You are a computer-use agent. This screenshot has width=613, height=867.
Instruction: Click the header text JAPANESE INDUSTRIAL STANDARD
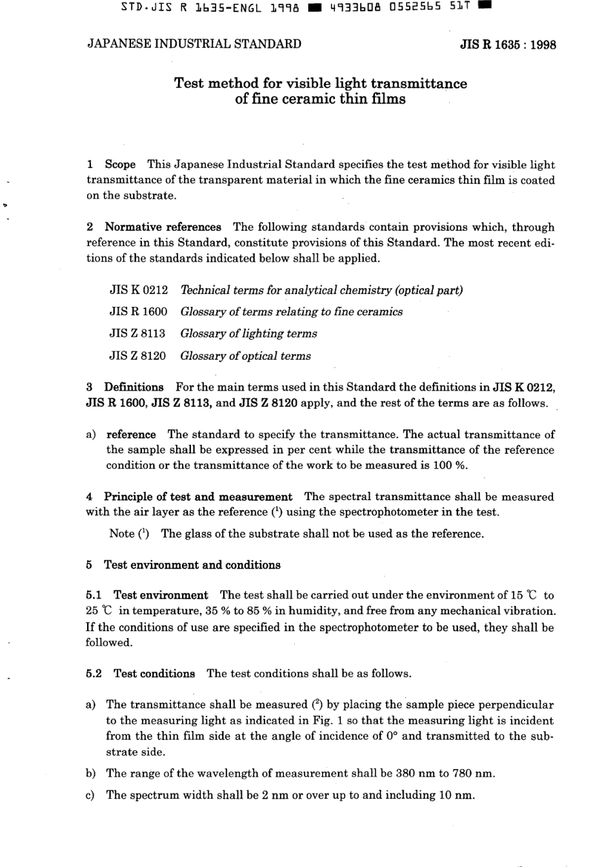pyautogui.click(x=194, y=44)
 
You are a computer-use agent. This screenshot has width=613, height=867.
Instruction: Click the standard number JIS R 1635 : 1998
pyautogui.click(x=508, y=45)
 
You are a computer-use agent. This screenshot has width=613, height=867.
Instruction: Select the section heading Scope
pyautogui.click(x=120, y=165)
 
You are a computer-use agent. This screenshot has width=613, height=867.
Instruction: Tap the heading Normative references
pyautogui.click(x=163, y=228)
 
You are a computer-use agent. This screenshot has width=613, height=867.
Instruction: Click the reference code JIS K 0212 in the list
pyautogui.click(x=139, y=291)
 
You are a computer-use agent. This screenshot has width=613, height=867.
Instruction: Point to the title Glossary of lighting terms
pyautogui.click(x=248, y=334)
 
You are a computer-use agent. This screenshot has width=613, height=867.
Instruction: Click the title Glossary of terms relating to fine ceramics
pyautogui.click(x=291, y=312)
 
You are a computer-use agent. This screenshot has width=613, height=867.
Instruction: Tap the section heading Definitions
pyautogui.click(x=134, y=387)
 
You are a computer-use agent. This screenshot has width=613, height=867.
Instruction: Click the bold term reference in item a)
pyautogui.click(x=131, y=434)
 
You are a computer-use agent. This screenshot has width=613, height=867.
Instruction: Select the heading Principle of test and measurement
pyautogui.click(x=198, y=497)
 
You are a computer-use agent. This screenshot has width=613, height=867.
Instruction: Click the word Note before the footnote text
pyautogui.click(x=121, y=534)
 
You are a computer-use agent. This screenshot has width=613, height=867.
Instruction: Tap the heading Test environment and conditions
pyautogui.click(x=192, y=565)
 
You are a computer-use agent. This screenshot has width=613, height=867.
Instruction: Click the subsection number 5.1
pyautogui.click(x=94, y=596)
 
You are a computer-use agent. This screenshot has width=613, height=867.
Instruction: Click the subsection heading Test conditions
pyautogui.click(x=154, y=674)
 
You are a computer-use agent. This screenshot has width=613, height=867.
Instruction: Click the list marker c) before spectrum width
pyautogui.click(x=90, y=795)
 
